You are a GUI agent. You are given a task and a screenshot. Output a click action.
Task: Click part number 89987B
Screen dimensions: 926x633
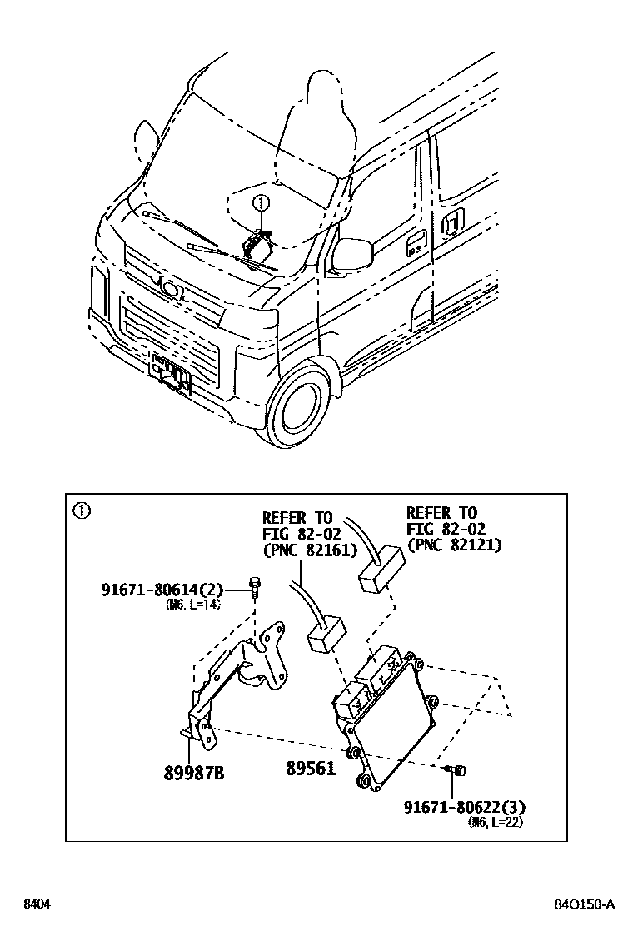click(x=194, y=772)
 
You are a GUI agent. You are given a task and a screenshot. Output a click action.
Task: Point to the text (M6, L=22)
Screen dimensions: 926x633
click(x=495, y=822)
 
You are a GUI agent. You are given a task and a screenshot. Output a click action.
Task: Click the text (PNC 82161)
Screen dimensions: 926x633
click(x=309, y=550)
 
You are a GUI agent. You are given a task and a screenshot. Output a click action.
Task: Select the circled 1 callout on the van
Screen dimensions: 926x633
click(x=261, y=202)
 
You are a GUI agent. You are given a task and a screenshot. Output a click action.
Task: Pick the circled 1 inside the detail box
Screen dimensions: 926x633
click(x=82, y=510)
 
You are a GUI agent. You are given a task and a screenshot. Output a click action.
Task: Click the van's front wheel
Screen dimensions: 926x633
click(x=304, y=407)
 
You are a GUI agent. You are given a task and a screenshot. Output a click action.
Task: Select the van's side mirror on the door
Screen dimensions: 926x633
click(x=351, y=253)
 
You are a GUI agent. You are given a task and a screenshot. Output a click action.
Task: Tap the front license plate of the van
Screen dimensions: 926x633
click(x=172, y=371)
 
